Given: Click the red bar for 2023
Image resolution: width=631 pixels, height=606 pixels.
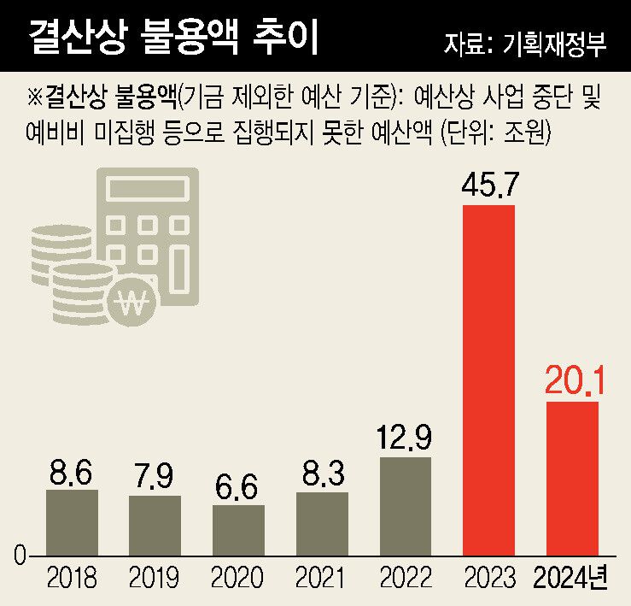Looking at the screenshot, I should pyautogui.click(x=488, y=380).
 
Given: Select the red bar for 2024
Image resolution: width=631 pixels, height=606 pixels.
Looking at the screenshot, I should pyautogui.click(x=572, y=479).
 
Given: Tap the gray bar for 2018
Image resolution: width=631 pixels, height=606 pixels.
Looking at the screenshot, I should pyautogui.click(x=72, y=522).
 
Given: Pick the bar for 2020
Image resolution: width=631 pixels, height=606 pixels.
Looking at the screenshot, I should pyautogui.click(x=238, y=530).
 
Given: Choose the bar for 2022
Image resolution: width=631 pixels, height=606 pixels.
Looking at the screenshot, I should pyautogui.click(x=406, y=506).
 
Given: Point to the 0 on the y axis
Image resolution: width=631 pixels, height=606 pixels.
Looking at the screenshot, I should pyautogui.click(x=20, y=556).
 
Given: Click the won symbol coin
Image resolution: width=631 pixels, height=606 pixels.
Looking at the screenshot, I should pyautogui.click(x=134, y=300).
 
